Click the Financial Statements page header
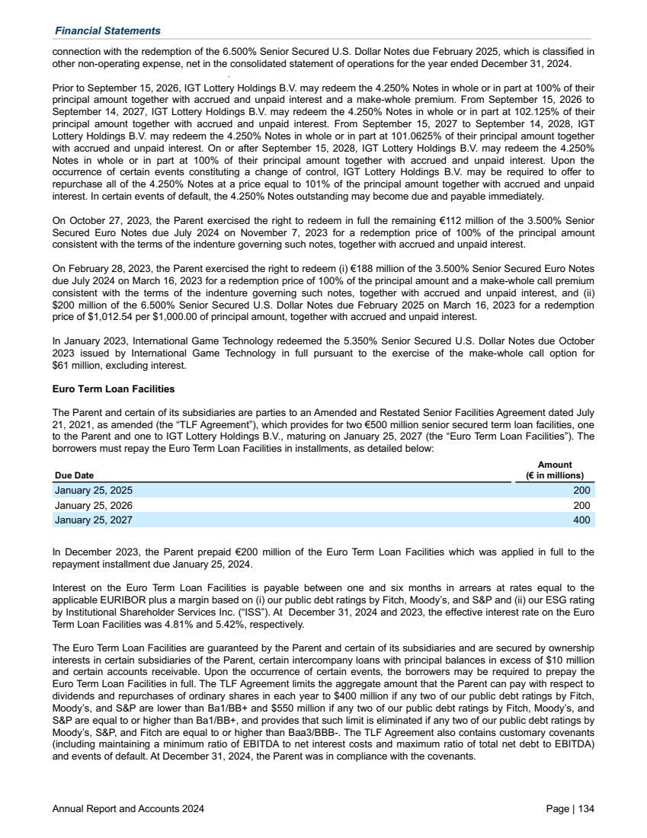(107, 30)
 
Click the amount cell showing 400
(581, 520)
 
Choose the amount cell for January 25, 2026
(581, 506)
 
